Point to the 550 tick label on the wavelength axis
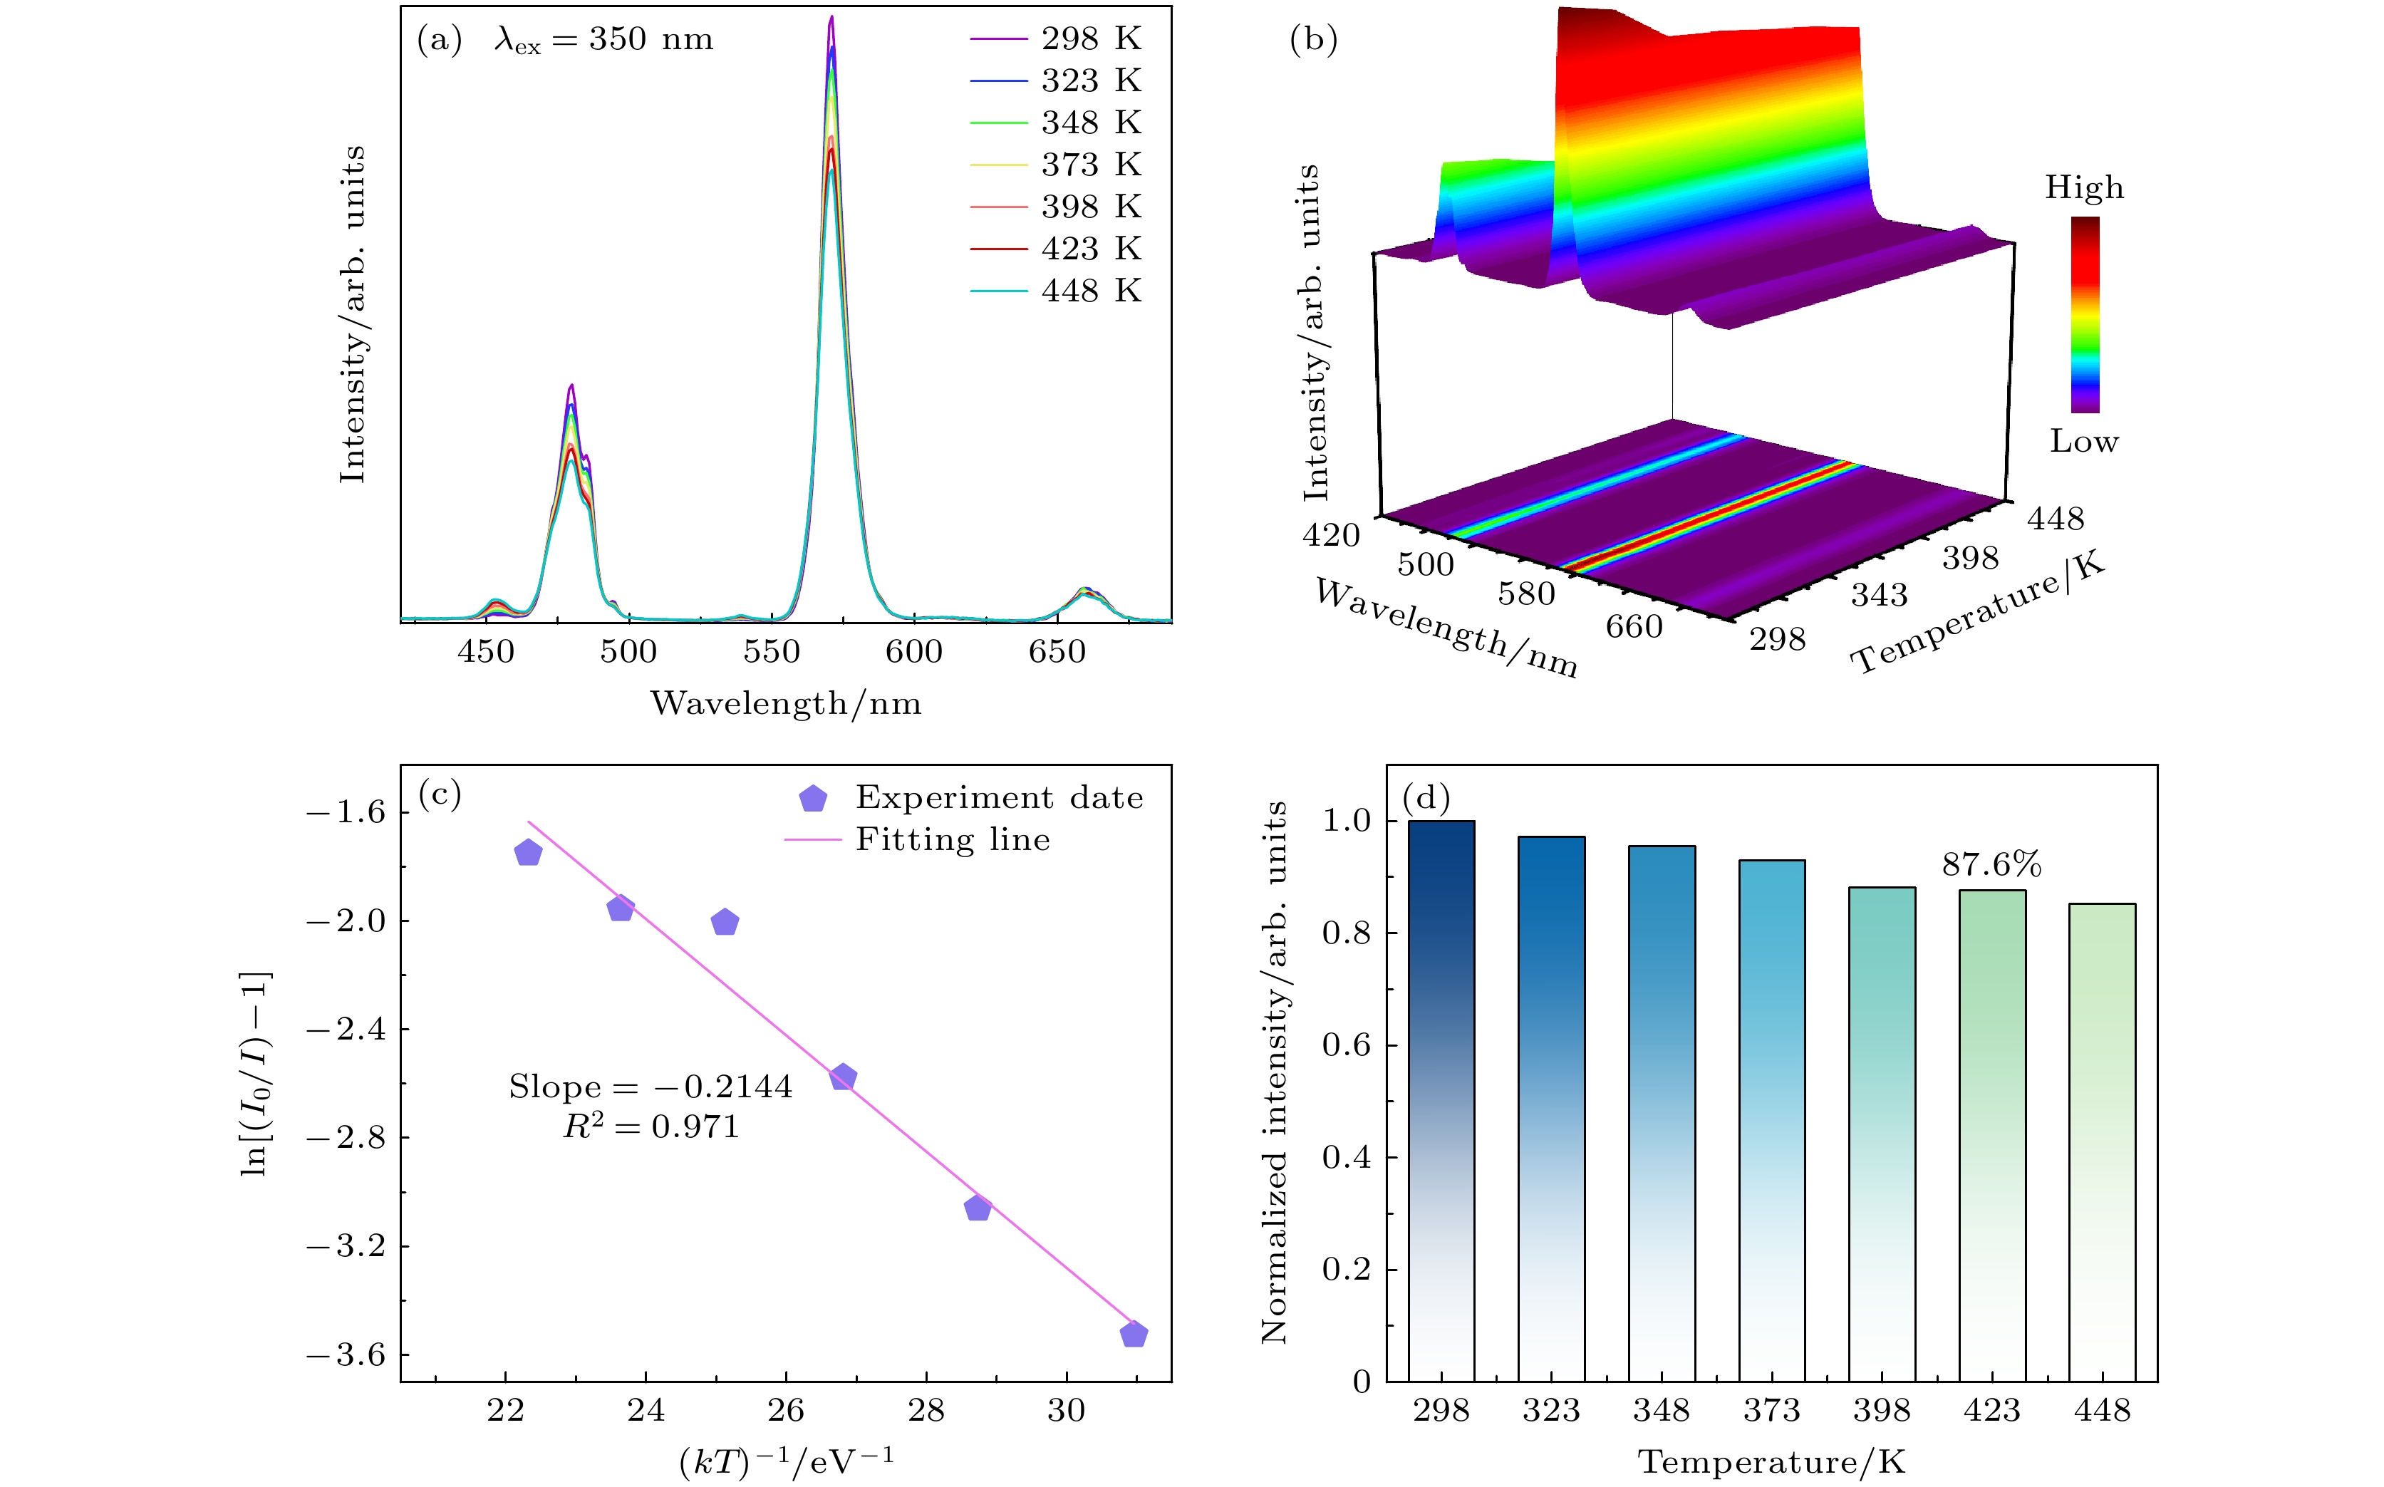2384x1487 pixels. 771,652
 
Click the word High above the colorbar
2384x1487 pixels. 2084,188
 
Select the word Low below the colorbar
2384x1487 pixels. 2083,442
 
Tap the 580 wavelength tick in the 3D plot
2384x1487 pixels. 1526,594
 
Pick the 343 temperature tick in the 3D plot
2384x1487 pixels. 1878,595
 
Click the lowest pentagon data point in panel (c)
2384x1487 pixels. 1133,1335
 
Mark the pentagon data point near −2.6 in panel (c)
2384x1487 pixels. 843,1078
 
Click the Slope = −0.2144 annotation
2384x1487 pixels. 650,1087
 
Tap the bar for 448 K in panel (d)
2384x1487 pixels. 2102,1141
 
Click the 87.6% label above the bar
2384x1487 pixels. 1991,864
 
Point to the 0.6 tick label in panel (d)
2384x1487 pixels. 1345,1045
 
